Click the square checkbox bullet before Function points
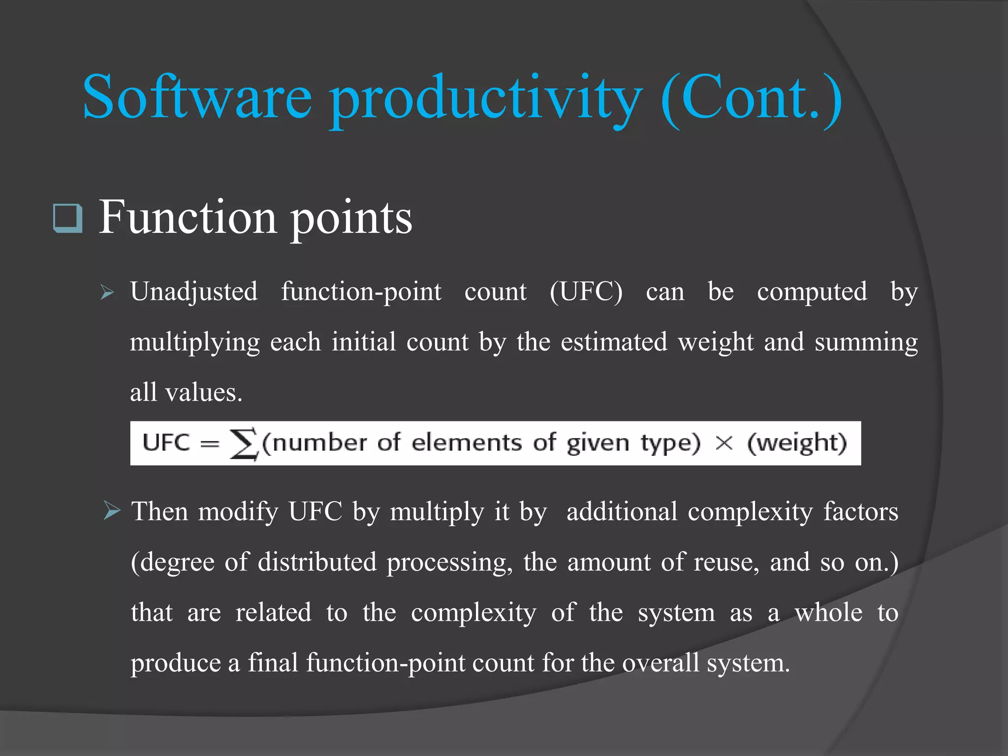tap(67, 218)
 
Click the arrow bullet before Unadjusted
tap(107, 292)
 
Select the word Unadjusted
tap(194, 291)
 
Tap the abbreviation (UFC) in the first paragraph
tap(586, 291)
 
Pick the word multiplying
tap(194, 343)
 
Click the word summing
tap(866, 343)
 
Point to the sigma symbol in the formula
tap(244, 443)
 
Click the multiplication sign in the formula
tap(724, 443)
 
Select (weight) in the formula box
tap(797, 443)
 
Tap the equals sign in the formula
tap(210, 443)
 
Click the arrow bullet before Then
tap(112, 511)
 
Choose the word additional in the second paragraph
tap(622, 511)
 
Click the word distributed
tap(317, 562)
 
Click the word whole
tap(828, 612)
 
